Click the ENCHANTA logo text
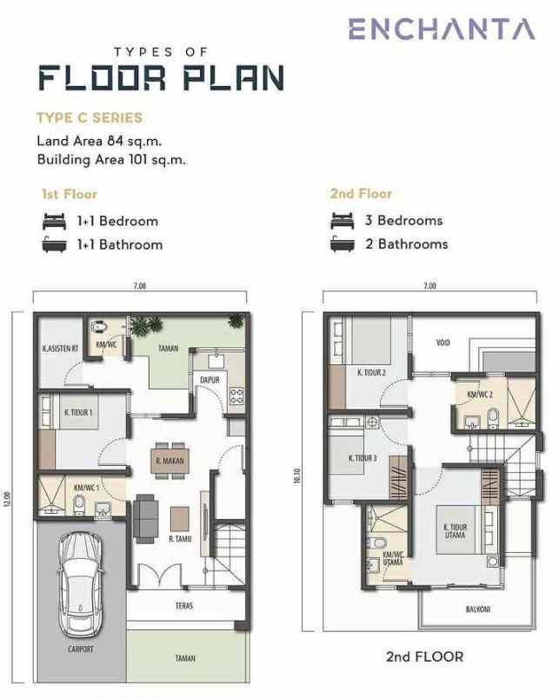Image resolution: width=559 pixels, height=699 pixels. click(x=442, y=29)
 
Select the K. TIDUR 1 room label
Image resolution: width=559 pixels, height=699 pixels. click(x=78, y=412)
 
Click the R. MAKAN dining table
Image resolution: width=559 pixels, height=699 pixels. click(x=168, y=462)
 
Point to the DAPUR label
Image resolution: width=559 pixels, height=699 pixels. click(x=210, y=380)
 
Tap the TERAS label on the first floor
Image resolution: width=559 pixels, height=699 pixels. click(x=183, y=605)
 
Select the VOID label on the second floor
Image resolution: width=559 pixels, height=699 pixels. click(x=443, y=343)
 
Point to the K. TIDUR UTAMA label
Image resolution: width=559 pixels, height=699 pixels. click(x=455, y=531)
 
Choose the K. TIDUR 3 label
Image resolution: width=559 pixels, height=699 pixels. click(x=362, y=458)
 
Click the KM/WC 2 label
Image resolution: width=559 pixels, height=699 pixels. click(x=480, y=394)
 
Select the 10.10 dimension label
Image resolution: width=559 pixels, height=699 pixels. click(x=297, y=477)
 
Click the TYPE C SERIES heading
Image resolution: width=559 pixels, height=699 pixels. click(x=89, y=117)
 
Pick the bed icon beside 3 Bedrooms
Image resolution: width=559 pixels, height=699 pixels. click(x=343, y=221)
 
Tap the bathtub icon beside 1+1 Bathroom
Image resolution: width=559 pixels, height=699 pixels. click(x=54, y=244)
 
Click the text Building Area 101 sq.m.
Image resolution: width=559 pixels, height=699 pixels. click(x=111, y=159)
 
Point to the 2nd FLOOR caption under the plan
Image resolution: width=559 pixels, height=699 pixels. click(x=424, y=656)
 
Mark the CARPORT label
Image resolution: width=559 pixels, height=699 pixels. click(x=80, y=649)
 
